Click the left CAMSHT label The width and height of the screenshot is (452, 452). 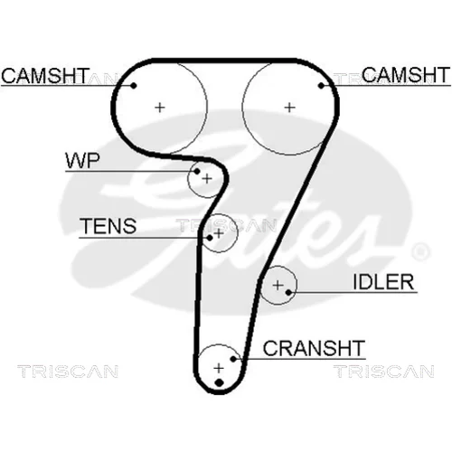pyautogui.click(x=45, y=76)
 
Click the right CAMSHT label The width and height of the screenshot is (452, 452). pyautogui.click(x=406, y=75)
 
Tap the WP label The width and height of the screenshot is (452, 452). pyautogui.click(x=82, y=161)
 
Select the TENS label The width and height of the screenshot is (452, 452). pyautogui.click(x=108, y=226)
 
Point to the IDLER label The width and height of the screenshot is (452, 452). pyautogui.click(x=383, y=282)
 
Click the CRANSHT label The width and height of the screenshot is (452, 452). pyautogui.click(x=314, y=348)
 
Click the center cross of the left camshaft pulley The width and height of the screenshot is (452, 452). pyautogui.click(x=160, y=108)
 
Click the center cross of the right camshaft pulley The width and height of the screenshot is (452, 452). pyautogui.click(x=289, y=108)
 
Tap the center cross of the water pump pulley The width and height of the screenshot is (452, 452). pyautogui.click(x=207, y=179)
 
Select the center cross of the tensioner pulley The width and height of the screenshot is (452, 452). pyautogui.click(x=219, y=233)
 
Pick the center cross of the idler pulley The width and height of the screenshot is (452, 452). pyautogui.click(x=278, y=285)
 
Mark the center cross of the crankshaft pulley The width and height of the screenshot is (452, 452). pyautogui.click(x=219, y=368)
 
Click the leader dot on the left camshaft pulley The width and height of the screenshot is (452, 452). pyautogui.click(x=134, y=86)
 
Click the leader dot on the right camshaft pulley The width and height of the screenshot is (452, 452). pyautogui.click(x=321, y=86)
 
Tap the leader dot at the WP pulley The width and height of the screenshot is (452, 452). pyautogui.click(x=197, y=172)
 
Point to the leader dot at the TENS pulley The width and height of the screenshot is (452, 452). pyautogui.click(x=210, y=238)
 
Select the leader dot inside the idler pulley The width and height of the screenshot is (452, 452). pyautogui.click(x=288, y=292)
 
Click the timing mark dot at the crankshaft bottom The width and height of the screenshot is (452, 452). pyautogui.click(x=220, y=382)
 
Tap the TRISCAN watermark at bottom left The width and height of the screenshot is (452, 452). pyautogui.click(x=68, y=372)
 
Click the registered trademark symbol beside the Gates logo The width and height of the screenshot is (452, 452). pyautogui.click(x=419, y=251)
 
